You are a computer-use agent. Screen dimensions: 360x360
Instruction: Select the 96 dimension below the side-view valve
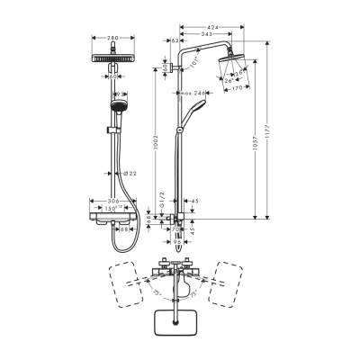point(178,241)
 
